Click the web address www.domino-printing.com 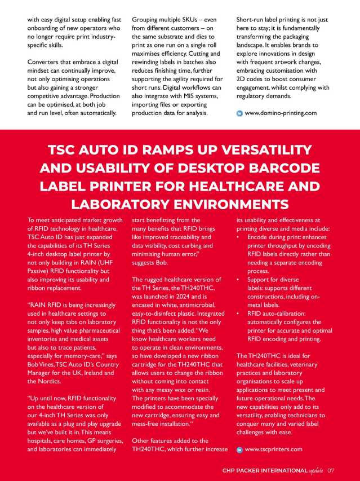281,113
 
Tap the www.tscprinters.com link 274,449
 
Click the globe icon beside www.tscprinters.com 239,449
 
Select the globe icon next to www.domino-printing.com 239,113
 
